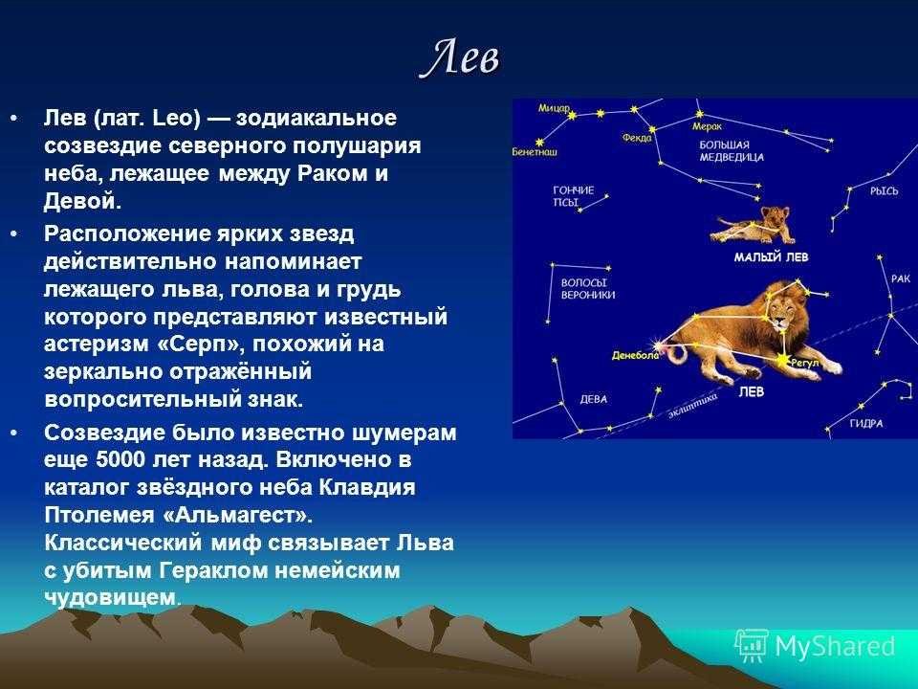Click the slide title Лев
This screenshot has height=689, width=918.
461,58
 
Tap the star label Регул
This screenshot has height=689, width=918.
805,364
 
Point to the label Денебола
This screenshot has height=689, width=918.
635,356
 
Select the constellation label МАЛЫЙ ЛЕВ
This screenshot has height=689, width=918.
771,257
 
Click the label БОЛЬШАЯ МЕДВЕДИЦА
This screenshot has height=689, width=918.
732,151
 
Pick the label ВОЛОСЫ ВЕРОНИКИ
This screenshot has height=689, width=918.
588,289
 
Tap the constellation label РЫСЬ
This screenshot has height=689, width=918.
884,191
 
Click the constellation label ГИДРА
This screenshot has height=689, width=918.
866,424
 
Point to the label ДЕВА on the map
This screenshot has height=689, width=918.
593,400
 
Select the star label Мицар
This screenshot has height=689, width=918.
554,108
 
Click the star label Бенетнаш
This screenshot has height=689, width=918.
535,152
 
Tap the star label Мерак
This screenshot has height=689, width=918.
707,126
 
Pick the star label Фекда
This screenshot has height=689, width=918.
637,138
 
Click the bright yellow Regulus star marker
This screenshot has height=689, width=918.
783,361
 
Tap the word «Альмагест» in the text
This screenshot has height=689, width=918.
236,515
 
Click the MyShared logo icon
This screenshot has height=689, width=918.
752,646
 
